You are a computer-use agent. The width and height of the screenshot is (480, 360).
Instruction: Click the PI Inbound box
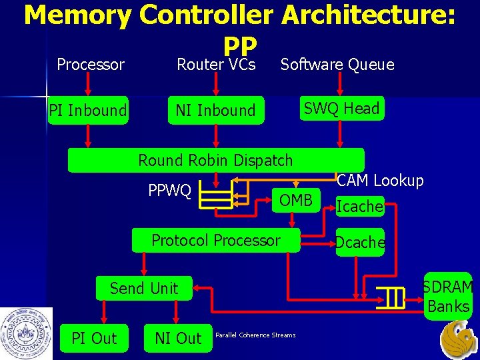click(88, 110)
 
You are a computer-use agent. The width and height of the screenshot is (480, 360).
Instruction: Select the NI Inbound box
click(215, 110)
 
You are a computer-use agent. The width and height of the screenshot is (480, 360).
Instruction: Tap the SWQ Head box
click(341, 109)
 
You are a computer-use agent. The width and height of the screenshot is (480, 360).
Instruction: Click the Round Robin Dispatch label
click(215, 160)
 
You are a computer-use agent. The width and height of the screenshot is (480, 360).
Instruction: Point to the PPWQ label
click(169, 191)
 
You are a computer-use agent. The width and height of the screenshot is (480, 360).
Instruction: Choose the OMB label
click(295, 201)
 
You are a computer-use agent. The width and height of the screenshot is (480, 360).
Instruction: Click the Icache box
click(359, 207)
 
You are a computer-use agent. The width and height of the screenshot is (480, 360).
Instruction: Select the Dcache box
click(360, 243)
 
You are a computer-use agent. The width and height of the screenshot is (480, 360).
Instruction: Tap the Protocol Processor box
click(216, 241)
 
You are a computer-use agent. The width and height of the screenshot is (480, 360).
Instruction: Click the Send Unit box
click(144, 288)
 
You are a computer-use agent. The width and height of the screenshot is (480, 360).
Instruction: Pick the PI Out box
click(94, 338)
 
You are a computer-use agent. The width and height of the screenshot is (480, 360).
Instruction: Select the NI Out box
click(178, 338)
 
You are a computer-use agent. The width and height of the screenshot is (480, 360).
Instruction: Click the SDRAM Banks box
click(448, 297)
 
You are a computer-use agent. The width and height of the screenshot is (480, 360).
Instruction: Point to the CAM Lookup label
click(380, 181)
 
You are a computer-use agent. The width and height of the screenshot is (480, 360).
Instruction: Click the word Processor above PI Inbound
click(91, 65)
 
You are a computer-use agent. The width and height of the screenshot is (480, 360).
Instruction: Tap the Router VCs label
click(216, 65)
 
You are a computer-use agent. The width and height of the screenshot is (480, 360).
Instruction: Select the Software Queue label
click(337, 65)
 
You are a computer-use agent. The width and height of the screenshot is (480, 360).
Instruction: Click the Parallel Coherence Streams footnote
click(255, 335)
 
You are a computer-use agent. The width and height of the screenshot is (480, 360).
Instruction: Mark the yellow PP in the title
click(240, 45)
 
